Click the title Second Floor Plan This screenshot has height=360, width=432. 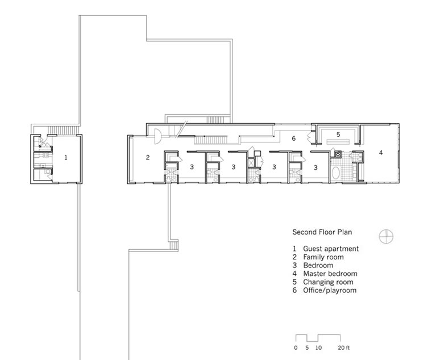(322, 232)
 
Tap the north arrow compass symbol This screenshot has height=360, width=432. (386, 236)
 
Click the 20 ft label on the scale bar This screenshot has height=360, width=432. (344, 348)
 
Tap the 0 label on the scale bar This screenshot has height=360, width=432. (296, 348)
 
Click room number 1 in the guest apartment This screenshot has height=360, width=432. (65, 157)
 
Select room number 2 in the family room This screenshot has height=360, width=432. (148, 157)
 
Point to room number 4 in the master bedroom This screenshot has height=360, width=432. (381, 153)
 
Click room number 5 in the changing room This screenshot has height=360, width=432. (338, 135)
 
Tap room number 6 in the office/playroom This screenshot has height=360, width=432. (294, 138)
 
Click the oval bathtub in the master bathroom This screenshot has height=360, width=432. (335, 173)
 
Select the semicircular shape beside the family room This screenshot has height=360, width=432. (157, 136)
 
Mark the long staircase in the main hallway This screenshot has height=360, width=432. (211, 140)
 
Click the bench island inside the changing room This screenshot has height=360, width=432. (338, 142)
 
